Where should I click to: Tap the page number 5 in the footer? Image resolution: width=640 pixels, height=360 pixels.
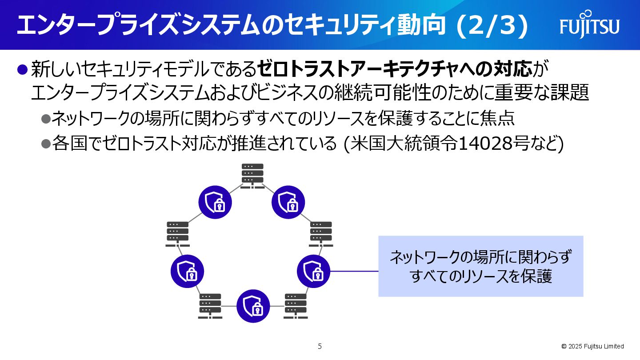[x=320, y=346]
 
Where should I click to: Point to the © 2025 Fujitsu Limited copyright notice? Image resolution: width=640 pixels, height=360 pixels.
[x=592, y=346]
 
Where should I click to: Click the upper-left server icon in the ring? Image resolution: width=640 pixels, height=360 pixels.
[x=178, y=234]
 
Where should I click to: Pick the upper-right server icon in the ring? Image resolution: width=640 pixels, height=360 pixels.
[x=321, y=234]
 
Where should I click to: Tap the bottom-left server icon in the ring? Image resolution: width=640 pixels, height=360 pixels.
[x=210, y=306]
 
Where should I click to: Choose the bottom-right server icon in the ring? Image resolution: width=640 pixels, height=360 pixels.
[x=296, y=306]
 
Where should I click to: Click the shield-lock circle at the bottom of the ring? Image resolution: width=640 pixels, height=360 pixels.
[x=253, y=306]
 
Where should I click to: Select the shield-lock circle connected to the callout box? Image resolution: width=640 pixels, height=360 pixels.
[x=313, y=271]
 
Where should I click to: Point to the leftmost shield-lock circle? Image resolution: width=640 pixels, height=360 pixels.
[x=187, y=271]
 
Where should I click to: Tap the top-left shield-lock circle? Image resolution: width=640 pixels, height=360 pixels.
[x=215, y=202]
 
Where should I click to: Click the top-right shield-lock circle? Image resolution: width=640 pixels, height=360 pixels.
[x=288, y=202]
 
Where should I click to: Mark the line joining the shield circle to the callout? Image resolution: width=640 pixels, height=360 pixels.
[x=354, y=271]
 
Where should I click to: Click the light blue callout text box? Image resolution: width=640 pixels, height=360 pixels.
[x=480, y=266]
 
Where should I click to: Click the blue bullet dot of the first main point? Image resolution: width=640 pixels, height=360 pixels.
[x=22, y=69]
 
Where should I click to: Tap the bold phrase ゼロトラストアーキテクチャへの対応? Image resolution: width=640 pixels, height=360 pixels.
[x=395, y=69]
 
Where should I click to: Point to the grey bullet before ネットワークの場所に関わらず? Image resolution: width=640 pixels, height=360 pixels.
[x=46, y=118]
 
